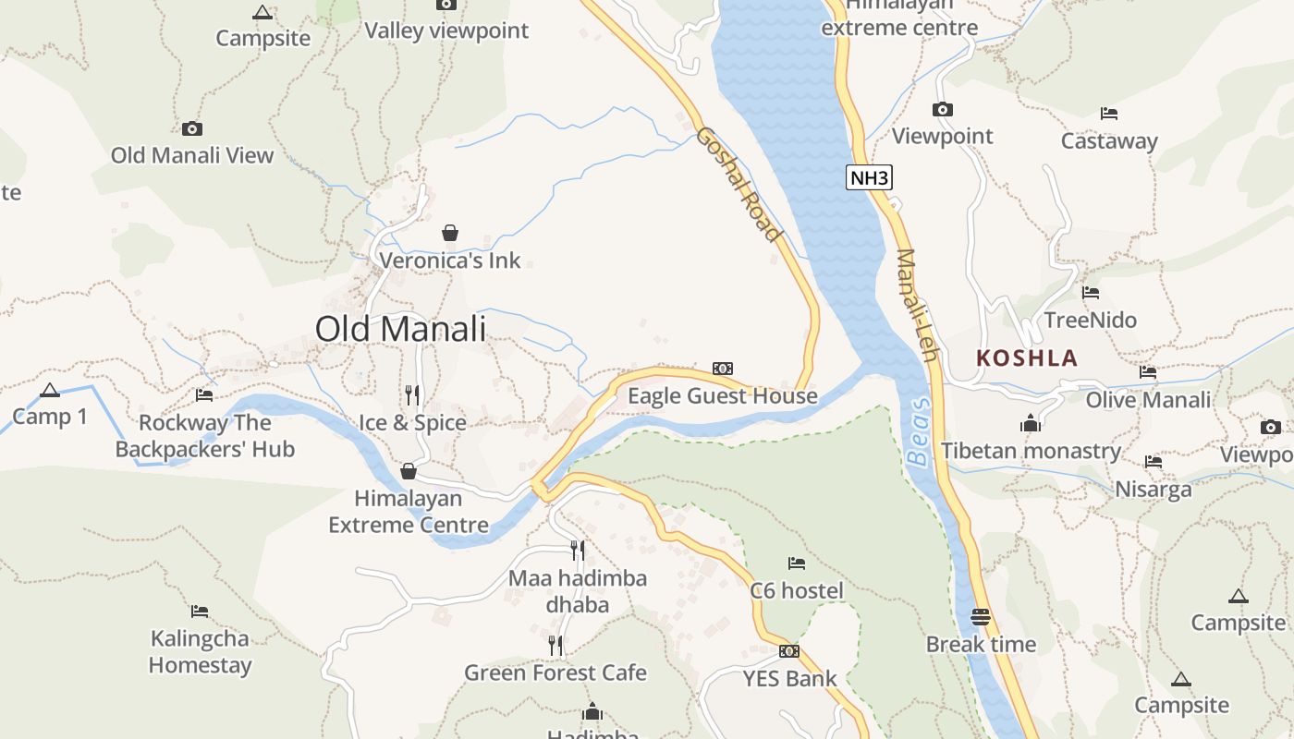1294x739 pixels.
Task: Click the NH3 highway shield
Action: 869,177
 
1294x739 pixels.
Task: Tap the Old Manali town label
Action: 400,329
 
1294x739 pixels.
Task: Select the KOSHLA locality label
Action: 1027,358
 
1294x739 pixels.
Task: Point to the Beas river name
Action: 918,431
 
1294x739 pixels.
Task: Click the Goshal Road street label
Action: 739,184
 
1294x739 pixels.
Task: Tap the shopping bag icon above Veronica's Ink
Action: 450,233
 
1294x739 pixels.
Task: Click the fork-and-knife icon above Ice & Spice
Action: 412,395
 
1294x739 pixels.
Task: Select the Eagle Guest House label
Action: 722,396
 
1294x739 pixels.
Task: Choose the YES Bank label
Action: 789,679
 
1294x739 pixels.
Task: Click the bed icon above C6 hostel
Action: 797,563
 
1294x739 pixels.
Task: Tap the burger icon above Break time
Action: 981,616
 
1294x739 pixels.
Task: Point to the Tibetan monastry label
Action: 1031,451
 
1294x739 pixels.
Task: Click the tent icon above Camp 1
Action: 50,391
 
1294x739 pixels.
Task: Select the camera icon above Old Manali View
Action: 192,128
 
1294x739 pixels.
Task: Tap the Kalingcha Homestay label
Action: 200,651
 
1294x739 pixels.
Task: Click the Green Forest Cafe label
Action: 555,672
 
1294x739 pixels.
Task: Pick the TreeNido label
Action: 1090,321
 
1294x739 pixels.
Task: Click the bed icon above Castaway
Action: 1109,114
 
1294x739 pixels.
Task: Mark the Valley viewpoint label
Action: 446,30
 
